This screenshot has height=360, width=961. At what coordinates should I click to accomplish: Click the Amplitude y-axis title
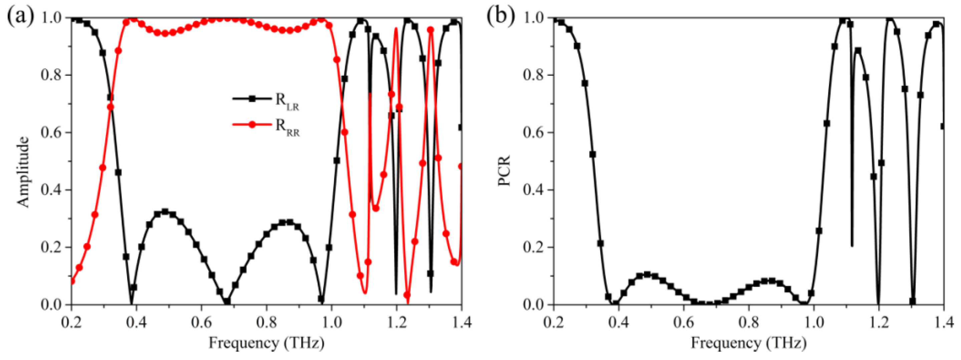tap(23, 171)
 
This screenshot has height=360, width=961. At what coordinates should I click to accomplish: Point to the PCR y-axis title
tap(504, 171)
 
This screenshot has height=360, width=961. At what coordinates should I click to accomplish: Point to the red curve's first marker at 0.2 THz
tap(72, 281)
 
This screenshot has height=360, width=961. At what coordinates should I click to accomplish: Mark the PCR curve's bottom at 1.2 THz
tap(879, 304)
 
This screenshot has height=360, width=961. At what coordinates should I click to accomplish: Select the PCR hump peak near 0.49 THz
tap(647, 275)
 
